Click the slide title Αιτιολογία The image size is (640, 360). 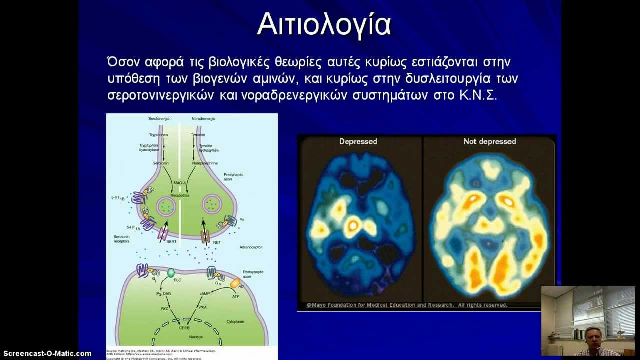point(323,24)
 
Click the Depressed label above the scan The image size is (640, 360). point(358,141)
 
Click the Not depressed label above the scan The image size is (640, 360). point(489,141)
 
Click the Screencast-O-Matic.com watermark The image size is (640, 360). point(47,353)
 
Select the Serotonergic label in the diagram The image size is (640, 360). point(159,119)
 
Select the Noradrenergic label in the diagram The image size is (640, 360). point(203,119)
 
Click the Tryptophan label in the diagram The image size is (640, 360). point(159,135)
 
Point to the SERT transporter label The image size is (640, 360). point(172,241)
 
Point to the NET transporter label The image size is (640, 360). point(216,242)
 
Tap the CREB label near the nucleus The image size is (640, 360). point(184,328)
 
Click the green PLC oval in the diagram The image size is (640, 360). point(170,273)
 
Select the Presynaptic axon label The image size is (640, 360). point(233,176)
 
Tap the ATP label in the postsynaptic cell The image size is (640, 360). point(236,296)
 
